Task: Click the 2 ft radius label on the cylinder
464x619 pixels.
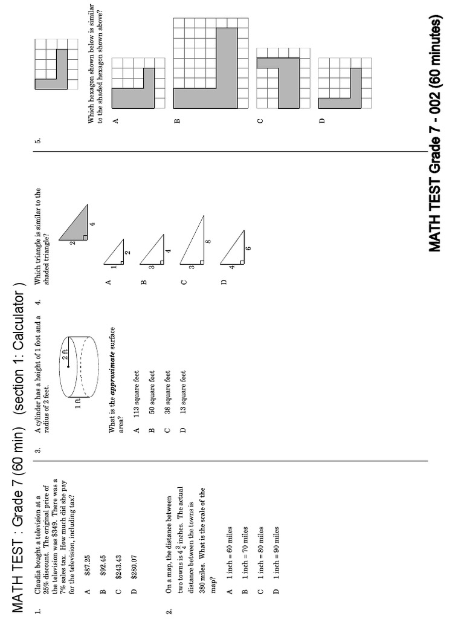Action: [x=65, y=355]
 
